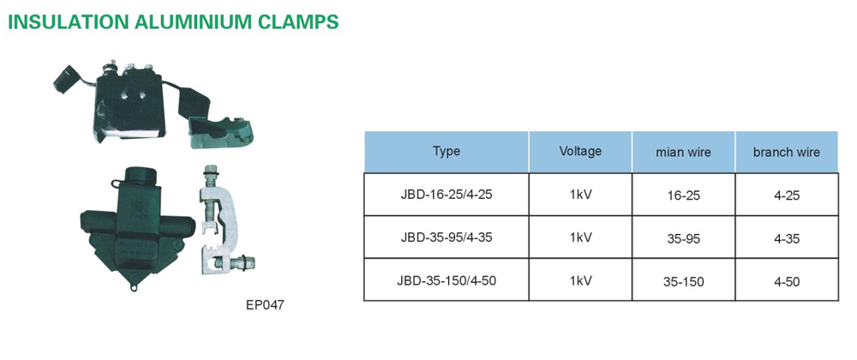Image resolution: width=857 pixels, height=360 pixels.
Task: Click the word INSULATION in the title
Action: click(x=67, y=21)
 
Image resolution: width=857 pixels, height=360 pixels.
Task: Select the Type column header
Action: click(x=446, y=152)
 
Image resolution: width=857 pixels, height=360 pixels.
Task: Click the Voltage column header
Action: click(x=580, y=151)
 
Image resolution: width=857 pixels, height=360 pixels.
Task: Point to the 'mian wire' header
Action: click(x=683, y=153)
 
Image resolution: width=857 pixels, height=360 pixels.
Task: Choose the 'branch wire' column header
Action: click(x=787, y=153)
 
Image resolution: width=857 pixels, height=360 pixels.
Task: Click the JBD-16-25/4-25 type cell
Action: click(x=446, y=195)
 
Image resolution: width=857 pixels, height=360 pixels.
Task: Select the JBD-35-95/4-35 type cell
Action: click(x=446, y=237)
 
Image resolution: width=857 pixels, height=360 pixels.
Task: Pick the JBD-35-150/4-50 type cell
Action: click(x=446, y=281)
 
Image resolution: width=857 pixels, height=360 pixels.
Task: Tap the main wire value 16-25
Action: click(x=683, y=195)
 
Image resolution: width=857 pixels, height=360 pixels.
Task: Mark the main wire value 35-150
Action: click(x=683, y=282)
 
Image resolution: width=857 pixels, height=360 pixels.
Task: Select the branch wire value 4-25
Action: click(x=787, y=195)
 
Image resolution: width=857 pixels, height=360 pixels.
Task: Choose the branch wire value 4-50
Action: click(x=787, y=282)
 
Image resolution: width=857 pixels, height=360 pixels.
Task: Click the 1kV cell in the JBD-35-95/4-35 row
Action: click(x=580, y=237)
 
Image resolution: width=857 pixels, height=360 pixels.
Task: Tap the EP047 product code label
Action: click(x=265, y=305)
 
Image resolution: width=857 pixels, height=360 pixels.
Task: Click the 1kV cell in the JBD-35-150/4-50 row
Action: click(x=580, y=281)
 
